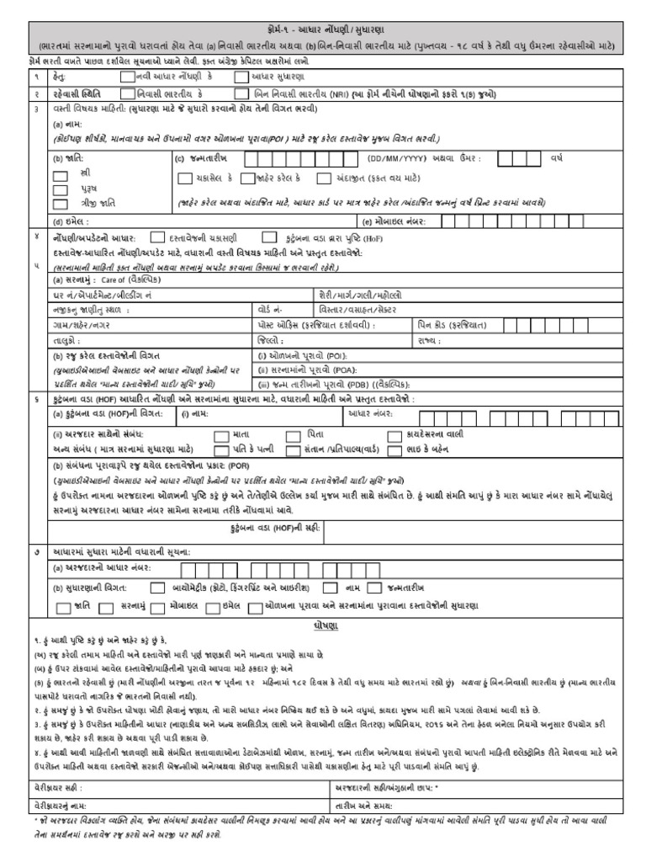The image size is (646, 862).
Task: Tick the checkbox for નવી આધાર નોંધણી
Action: tap(126, 76)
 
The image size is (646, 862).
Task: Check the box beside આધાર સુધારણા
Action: tap(242, 76)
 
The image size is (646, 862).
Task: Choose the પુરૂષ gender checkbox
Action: tap(60, 189)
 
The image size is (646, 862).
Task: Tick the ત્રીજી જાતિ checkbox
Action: tap(60, 203)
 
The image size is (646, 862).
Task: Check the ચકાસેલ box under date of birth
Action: tap(184, 178)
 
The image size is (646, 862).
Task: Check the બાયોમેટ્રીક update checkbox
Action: tap(157, 588)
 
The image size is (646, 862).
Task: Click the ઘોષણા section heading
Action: tap(323, 626)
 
